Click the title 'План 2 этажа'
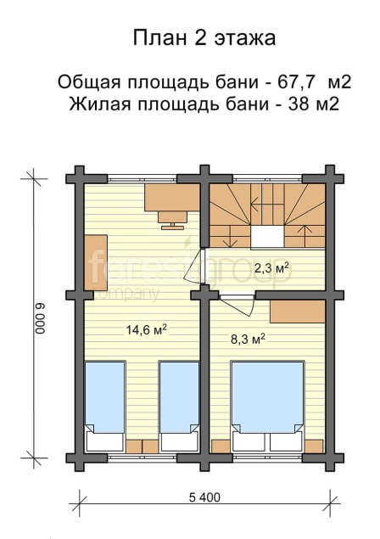point(204,38)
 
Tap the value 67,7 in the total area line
point(296,82)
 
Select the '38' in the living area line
point(299,104)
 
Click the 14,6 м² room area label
point(147,329)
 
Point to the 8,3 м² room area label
point(248,340)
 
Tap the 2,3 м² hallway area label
point(271,267)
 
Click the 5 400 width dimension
point(204,497)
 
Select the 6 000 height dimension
point(41,318)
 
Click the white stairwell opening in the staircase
point(267,237)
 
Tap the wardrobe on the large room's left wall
point(96,262)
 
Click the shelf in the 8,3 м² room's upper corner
point(297,312)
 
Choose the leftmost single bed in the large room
point(105,406)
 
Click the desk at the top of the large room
point(172,197)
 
